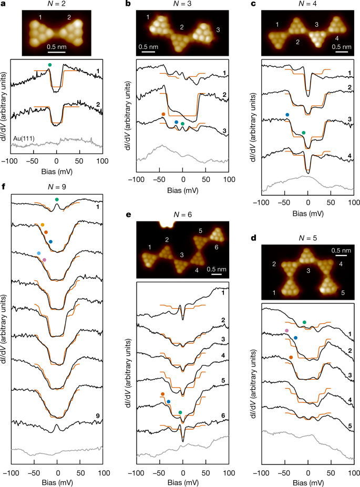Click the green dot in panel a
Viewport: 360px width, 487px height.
(49, 64)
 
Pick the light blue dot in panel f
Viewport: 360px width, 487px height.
(39, 253)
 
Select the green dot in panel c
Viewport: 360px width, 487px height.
(303, 133)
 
